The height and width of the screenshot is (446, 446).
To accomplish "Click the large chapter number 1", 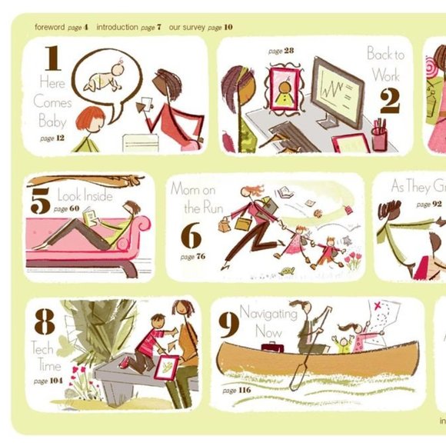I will pyautogui.click(x=52, y=59).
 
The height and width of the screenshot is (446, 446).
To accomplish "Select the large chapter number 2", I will pyautogui.click(x=389, y=100).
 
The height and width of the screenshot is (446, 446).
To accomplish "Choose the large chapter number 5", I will pyautogui.click(x=40, y=201).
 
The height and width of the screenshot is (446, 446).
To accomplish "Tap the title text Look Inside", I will pyautogui.click(x=85, y=195).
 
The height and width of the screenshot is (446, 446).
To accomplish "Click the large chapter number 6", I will pyautogui.click(x=190, y=236).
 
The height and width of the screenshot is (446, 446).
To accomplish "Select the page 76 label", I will pyautogui.click(x=193, y=256).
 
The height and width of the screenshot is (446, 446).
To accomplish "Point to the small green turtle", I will pyautogui.click(x=288, y=271).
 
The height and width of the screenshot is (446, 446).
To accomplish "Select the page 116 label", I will pyautogui.click(x=236, y=391).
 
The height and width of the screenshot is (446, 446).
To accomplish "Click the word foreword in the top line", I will pyautogui.click(x=49, y=27).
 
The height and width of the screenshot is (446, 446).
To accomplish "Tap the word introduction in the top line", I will pyautogui.click(x=118, y=27).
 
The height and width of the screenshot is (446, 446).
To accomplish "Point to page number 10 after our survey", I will pyautogui.click(x=228, y=27).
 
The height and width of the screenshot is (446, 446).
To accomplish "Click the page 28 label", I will pyautogui.click(x=281, y=51).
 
